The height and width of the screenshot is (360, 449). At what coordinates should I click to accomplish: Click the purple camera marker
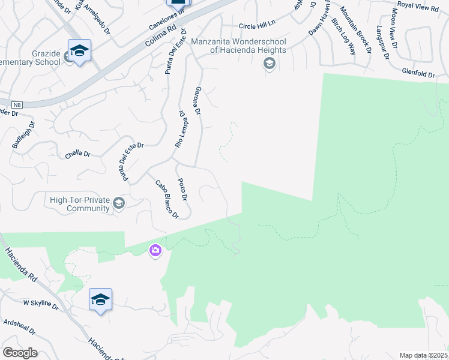[x=155, y=250]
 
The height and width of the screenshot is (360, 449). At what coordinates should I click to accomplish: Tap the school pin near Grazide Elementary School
[x=79, y=51]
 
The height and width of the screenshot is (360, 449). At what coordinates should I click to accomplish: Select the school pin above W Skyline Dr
[x=100, y=300]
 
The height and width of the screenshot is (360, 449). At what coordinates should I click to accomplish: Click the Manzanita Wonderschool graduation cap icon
[x=270, y=64]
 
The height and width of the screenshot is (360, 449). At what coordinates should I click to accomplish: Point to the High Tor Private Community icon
[x=119, y=203]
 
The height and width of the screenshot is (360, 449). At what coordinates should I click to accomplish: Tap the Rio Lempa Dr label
[x=179, y=129]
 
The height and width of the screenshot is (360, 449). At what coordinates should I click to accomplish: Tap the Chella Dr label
[x=77, y=154]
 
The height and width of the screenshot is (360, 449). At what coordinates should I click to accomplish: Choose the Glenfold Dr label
[x=418, y=73]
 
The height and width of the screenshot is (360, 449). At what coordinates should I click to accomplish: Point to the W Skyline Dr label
[x=41, y=305]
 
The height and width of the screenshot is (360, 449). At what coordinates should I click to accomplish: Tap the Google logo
[x=20, y=353]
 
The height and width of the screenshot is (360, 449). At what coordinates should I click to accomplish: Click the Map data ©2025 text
[x=424, y=355]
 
